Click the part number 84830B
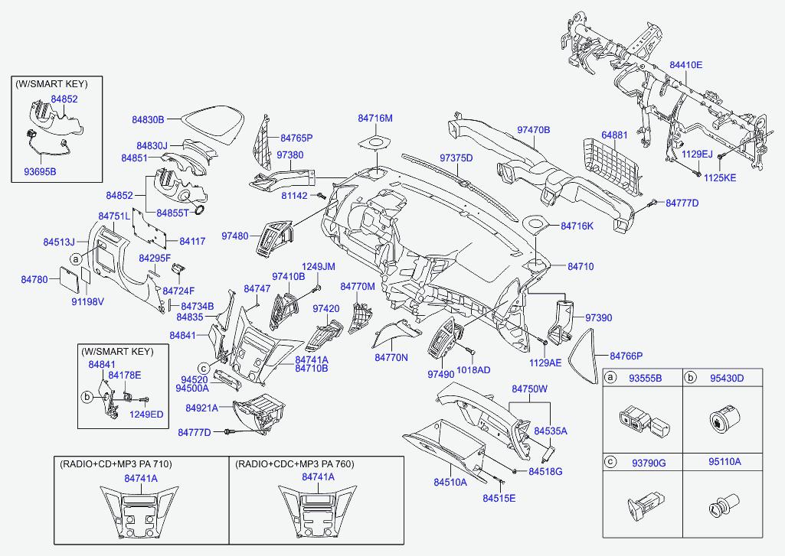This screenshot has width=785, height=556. point(148,119)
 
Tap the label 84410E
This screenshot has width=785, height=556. point(686,65)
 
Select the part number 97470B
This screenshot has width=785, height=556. point(534,130)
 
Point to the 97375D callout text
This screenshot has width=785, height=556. point(456,158)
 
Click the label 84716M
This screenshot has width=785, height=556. point(375,119)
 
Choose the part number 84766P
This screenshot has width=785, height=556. point(626,356)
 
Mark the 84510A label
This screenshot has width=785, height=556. point(450,483)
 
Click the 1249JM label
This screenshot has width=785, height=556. point(318,266)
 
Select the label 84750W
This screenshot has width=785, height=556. point(530,389)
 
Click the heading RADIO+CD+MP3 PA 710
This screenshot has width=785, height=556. point(116,464)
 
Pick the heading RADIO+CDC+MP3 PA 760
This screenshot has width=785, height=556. point(295,464)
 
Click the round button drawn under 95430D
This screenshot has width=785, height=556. point(721,421)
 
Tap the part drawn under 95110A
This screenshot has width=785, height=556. point(720,506)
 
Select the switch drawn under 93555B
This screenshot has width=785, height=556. point(643,421)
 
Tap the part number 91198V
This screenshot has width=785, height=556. point(87,301)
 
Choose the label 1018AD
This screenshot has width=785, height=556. point(474,369)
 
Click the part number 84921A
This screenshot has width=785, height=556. point(204,408)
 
